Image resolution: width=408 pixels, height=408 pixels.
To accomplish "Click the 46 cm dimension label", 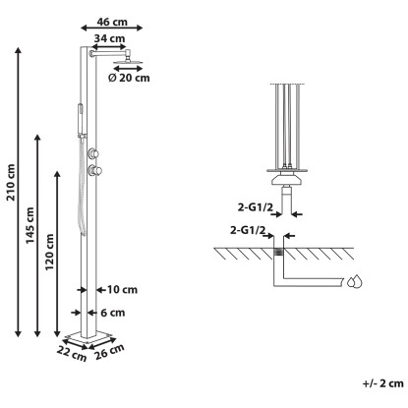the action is [112, 22].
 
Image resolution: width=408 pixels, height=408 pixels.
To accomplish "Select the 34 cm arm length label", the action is [109, 38].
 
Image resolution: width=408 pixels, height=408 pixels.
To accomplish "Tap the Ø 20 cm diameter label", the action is [129, 78].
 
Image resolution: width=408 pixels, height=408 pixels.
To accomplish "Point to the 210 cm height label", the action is [11, 183].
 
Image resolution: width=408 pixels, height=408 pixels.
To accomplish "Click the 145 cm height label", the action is [30, 225].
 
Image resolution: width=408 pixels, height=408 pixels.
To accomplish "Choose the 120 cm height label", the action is [49, 252].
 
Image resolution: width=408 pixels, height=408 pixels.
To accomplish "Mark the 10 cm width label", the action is [122, 290].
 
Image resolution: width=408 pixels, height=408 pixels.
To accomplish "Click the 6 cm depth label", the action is [112, 313].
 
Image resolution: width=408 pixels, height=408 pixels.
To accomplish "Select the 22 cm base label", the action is [72, 354].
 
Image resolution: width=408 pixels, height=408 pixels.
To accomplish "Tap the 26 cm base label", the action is [109, 352].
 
